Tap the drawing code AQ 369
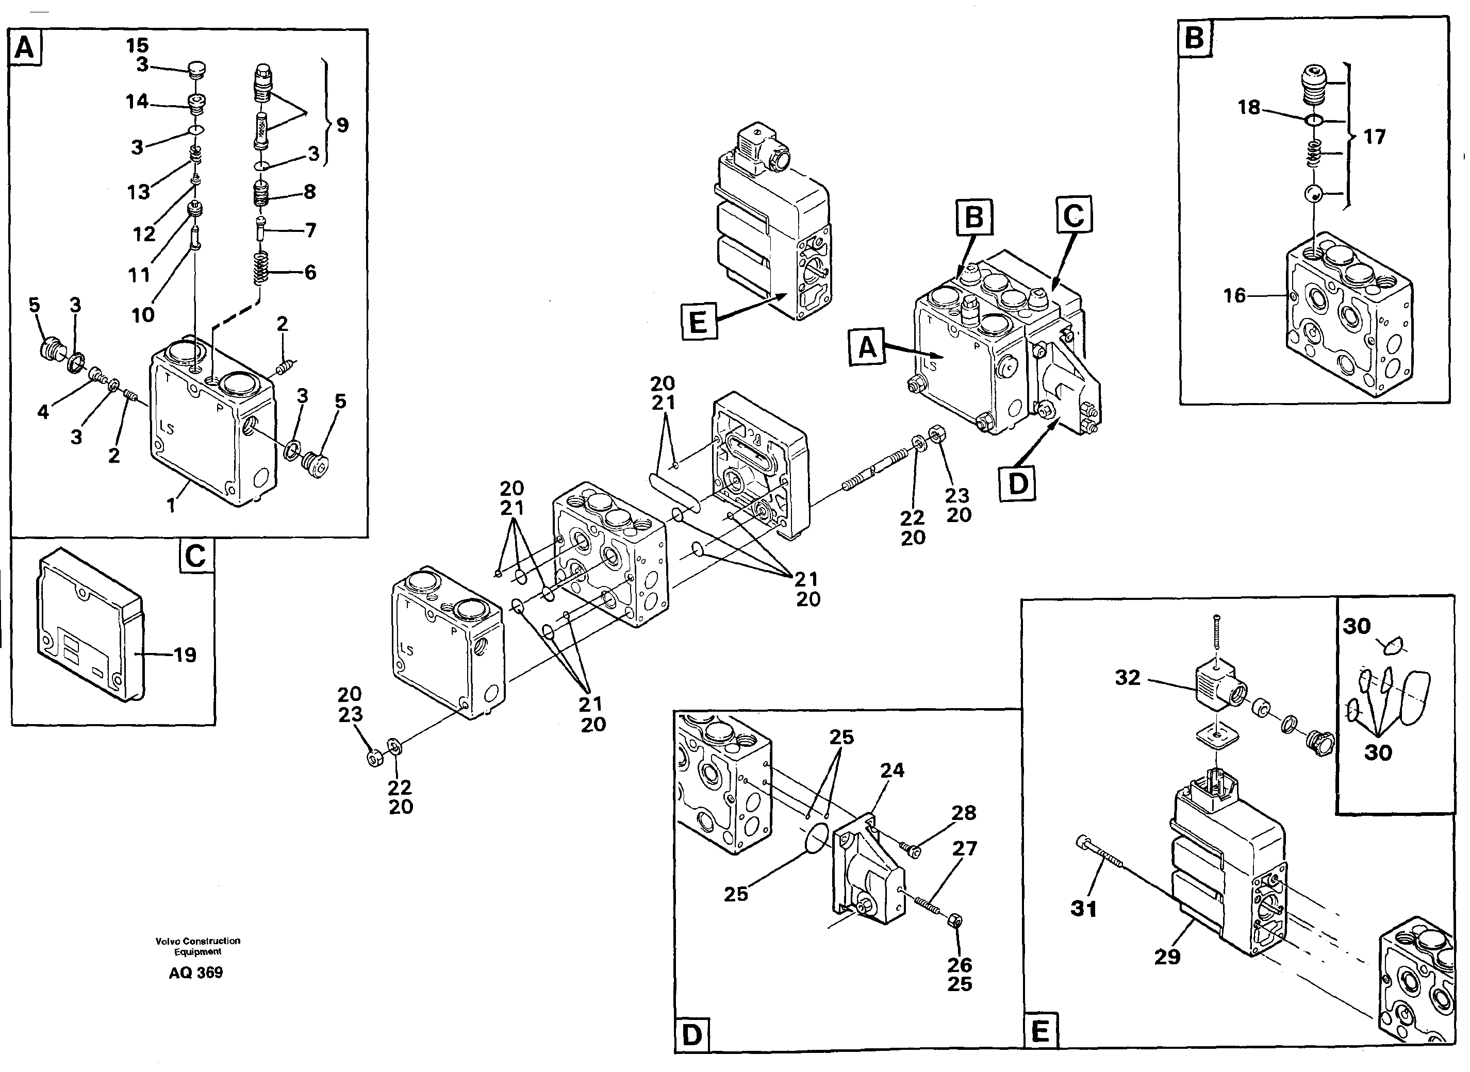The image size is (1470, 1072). [x=195, y=973]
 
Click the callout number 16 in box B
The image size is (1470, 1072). [x=1234, y=296]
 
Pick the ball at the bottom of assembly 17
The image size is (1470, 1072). [x=1312, y=193]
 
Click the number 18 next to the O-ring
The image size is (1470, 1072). [x=1249, y=107]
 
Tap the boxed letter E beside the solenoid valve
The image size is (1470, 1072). [x=698, y=321]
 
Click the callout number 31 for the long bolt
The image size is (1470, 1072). [x=1083, y=909]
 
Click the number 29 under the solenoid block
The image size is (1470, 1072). [x=1167, y=957]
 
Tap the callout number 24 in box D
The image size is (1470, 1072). [x=891, y=770]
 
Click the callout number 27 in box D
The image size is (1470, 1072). [x=964, y=848]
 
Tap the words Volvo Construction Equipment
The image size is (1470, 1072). [x=197, y=946]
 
